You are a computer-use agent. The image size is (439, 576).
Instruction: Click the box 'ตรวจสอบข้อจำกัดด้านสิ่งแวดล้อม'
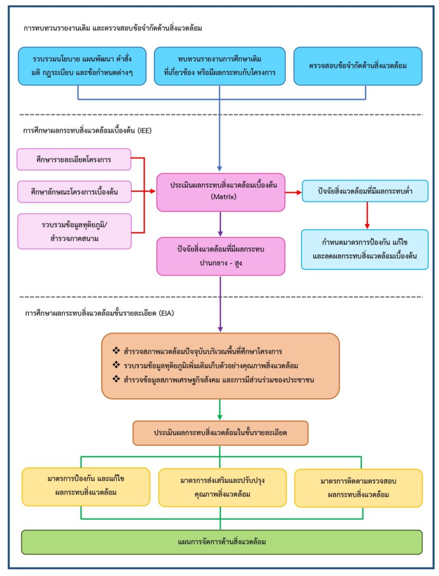(x=358, y=66)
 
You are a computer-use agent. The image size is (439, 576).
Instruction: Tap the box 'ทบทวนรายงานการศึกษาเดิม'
(x=219, y=66)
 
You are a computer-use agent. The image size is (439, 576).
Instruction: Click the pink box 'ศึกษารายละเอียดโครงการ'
(x=74, y=159)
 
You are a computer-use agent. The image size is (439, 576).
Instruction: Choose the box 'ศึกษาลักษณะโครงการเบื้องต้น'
(x=74, y=192)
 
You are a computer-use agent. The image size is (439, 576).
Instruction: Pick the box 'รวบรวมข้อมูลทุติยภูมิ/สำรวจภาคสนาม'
(x=74, y=231)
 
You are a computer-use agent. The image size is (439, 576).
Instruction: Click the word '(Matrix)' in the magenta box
(x=220, y=197)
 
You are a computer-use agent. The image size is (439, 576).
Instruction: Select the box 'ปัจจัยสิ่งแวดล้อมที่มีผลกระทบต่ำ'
(x=365, y=191)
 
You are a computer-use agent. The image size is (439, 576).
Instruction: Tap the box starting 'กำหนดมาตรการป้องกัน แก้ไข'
(x=365, y=249)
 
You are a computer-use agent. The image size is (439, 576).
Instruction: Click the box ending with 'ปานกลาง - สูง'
(x=220, y=256)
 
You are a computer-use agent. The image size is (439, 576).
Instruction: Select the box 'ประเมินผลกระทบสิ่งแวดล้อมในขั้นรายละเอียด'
(x=220, y=433)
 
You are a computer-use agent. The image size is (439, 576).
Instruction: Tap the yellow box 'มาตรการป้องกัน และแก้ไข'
(x=86, y=486)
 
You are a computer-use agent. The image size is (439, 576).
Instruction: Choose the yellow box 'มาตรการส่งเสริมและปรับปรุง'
(x=222, y=487)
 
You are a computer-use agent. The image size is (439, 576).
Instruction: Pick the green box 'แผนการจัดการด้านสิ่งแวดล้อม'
(x=221, y=542)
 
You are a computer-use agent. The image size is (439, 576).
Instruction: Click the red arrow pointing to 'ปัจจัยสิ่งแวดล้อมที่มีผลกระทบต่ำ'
(x=293, y=192)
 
